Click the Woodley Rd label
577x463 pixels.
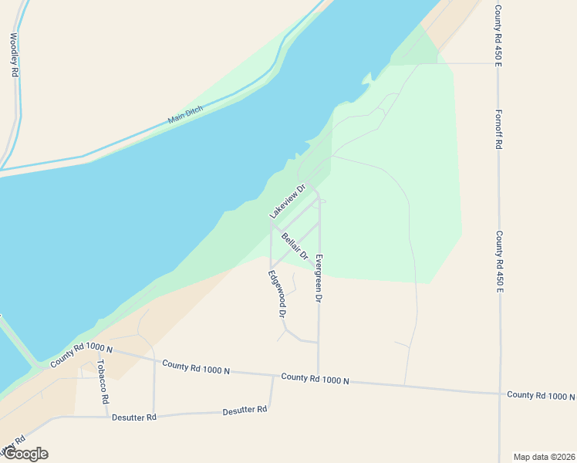(14, 54)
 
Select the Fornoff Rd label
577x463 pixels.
(499, 129)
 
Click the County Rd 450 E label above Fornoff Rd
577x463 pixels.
(499, 34)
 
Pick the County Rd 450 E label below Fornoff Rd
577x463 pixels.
(500, 262)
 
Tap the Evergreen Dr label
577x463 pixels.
(319, 277)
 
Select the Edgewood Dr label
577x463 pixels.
(278, 294)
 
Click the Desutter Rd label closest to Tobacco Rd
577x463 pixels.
(135, 417)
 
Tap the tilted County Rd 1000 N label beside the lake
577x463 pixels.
(82, 356)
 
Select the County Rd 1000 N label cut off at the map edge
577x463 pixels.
(541, 395)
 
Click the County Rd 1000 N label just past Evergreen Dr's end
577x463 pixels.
(315, 378)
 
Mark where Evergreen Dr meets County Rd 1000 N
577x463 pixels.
(319, 374)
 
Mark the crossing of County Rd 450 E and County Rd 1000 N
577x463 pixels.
(500, 393)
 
